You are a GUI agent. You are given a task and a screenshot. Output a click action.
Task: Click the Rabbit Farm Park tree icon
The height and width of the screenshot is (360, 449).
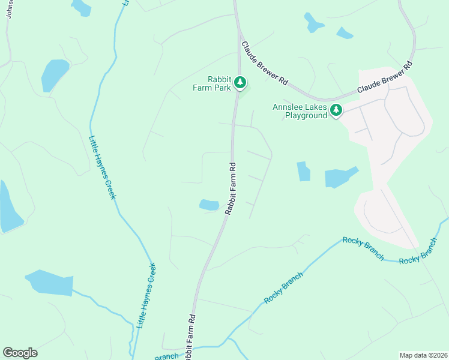pyautogui.click(x=240, y=82)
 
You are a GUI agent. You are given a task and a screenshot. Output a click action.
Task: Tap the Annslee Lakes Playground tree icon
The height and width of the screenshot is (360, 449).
pyautogui.click(x=336, y=110)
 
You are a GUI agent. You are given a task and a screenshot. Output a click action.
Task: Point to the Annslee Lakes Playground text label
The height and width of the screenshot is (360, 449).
pyautogui.click(x=300, y=112)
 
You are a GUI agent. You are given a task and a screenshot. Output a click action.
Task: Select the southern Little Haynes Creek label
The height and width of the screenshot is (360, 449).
pyautogui.click(x=146, y=295)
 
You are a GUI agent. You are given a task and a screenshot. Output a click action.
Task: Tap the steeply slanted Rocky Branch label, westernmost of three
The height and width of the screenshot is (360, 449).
pyautogui.click(x=283, y=287)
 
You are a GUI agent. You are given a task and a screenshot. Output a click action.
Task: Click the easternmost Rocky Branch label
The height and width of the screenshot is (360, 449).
pyautogui.click(x=418, y=250)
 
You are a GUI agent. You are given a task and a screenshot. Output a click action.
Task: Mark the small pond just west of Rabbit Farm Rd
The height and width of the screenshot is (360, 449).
pyautogui.click(x=209, y=205)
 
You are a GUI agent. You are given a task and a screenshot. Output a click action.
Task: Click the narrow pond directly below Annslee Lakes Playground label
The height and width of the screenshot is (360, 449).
pyautogui.click(x=303, y=172)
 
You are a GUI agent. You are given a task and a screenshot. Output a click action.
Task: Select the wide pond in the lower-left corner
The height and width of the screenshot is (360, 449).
pyautogui.click(x=49, y=283)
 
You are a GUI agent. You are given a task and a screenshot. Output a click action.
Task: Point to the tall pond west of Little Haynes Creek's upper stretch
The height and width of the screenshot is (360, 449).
pyautogui.click(x=54, y=75)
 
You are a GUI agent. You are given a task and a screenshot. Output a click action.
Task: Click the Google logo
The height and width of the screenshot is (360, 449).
pyautogui.click(x=20, y=353)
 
